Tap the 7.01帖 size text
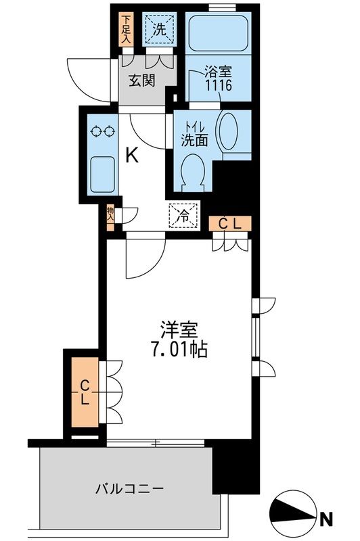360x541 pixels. [179, 351]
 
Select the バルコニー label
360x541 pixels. [130, 488]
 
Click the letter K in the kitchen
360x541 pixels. [132, 156]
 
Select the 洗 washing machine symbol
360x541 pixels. [158, 30]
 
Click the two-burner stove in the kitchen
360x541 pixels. [102, 132]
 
